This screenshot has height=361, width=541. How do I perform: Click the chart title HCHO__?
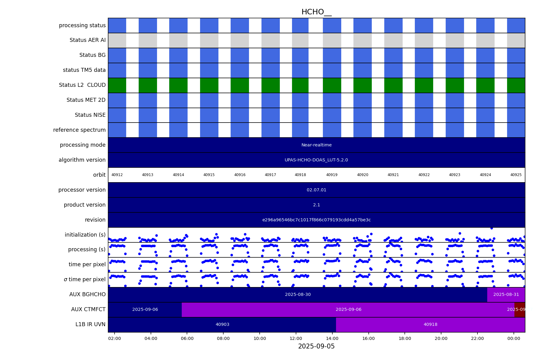click(x=316, y=12)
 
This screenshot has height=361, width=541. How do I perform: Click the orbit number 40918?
click(x=300, y=175)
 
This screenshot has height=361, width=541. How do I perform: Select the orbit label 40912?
click(x=117, y=175)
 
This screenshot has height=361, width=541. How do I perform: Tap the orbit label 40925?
click(x=516, y=175)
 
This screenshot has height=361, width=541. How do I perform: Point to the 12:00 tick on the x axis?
click(x=296, y=338)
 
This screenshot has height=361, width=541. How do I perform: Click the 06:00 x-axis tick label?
click(x=187, y=338)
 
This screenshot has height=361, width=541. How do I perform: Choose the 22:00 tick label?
click(x=477, y=338)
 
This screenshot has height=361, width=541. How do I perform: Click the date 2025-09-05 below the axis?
click(x=316, y=346)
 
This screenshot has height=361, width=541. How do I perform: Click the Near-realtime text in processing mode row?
click(x=316, y=145)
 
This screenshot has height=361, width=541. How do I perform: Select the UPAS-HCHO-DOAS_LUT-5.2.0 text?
click(x=316, y=160)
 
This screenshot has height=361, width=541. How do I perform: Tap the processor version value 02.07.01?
click(x=316, y=190)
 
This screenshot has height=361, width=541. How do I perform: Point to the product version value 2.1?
click(x=316, y=205)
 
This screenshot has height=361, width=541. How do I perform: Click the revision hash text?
click(x=316, y=220)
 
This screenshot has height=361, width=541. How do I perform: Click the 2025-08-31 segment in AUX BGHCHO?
click(x=506, y=294)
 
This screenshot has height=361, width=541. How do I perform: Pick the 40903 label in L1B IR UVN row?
click(x=222, y=324)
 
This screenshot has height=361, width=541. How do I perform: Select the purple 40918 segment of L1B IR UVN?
click(x=430, y=324)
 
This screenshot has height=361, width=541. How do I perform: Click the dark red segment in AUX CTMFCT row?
click(x=520, y=309)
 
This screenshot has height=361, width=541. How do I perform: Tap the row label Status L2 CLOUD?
click(x=82, y=85)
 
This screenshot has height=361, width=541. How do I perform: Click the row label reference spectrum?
click(x=79, y=130)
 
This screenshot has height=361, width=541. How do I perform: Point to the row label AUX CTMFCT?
click(x=88, y=309)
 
